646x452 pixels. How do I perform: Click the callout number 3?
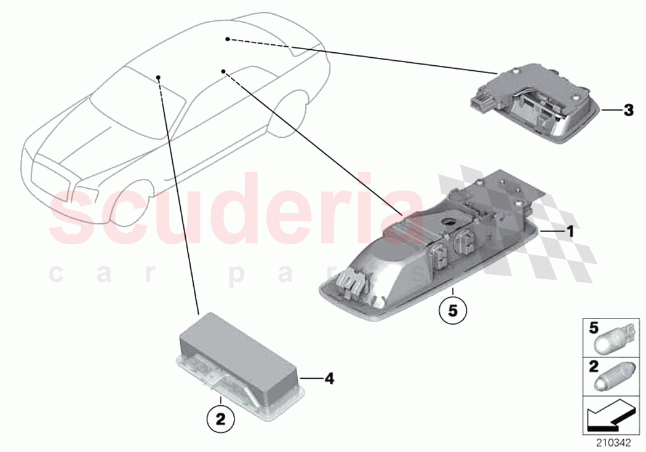pyautogui.click(x=628, y=111)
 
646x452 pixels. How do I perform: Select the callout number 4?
pyautogui.click(x=329, y=379)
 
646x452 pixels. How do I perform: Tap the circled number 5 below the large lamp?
pyautogui.click(x=453, y=311)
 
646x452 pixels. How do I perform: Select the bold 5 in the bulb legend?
pyautogui.click(x=593, y=328)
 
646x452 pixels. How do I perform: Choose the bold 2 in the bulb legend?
pyautogui.click(x=593, y=367)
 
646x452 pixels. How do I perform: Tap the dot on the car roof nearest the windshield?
pyautogui.click(x=159, y=77)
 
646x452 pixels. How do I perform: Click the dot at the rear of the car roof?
pyautogui.click(x=227, y=39)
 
